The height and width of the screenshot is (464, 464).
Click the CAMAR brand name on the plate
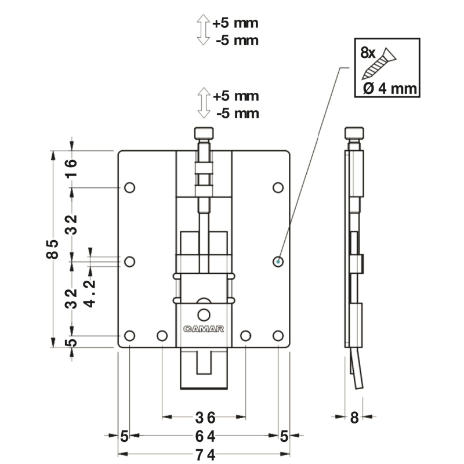(x=204, y=329)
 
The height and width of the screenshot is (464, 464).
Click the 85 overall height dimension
(x=52, y=249)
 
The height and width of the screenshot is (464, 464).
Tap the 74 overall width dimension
(x=205, y=455)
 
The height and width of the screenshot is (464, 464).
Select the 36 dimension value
(x=205, y=418)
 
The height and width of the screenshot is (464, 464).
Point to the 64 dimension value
(x=205, y=436)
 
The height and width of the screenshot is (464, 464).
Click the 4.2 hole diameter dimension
(x=89, y=293)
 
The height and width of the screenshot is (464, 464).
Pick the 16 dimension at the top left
(x=71, y=168)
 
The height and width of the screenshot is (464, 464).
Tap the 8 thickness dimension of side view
(x=354, y=418)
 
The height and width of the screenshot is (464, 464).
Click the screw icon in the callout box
(x=379, y=64)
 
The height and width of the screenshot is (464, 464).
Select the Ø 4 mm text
(x=390, y=89)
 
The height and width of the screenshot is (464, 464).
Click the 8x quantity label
(x=368, y=53)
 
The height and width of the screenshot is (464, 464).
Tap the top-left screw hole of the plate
(x=129, y=187)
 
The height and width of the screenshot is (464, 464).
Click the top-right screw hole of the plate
(x=278, y=187)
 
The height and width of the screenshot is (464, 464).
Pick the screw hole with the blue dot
(x=278, y=262)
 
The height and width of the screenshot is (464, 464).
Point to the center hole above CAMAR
(x=204, y=315)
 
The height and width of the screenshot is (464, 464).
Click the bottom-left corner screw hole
(x=129, y=336)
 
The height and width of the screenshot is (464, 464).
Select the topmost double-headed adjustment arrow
(x=204, y=30)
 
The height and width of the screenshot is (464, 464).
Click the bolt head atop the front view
(x=204, y=133)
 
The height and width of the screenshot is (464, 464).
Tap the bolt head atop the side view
(x=354, y=133)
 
